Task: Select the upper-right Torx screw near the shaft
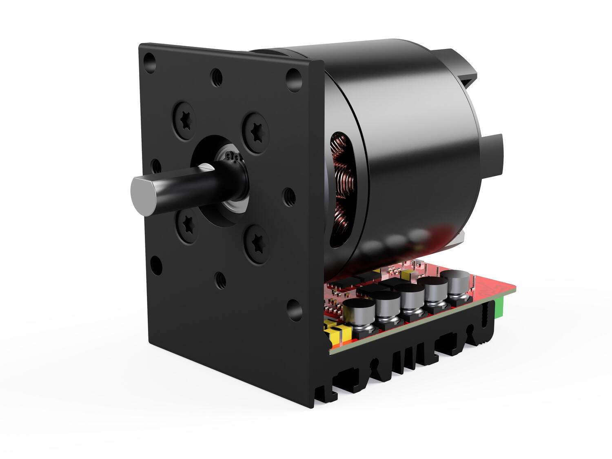coord(255,133)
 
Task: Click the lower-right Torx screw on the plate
coord(256,244)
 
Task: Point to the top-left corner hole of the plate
coord(150,62)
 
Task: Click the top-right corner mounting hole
coord(293,80)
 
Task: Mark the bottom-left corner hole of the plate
coord(156,265)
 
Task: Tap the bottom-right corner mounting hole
coord(294,310)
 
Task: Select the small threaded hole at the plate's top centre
coord(216,77)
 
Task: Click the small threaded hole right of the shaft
coord(289,197)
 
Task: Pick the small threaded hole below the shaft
coord(220,280)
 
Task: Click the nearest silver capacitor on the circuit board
coord(359,312)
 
